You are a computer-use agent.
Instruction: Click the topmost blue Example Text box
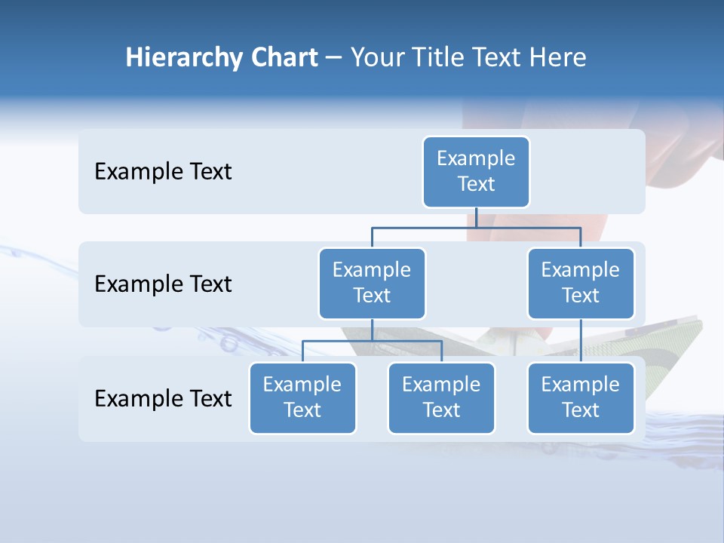pos(476,172)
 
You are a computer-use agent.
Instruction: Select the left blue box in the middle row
pos(372,283)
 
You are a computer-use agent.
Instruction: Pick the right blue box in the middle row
pos(581,283)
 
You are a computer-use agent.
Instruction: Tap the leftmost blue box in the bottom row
pos(302,397)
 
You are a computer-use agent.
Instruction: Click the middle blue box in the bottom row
pos(441,397)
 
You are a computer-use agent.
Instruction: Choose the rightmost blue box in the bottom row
pos(581,397)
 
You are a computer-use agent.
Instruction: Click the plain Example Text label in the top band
pos(163,172)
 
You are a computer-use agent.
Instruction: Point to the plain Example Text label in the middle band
pos(163,284)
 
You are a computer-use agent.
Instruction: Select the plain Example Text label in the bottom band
pos(163,398)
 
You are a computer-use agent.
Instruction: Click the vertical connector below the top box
pos(477,217)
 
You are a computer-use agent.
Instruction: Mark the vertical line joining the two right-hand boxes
pos(581,341)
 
